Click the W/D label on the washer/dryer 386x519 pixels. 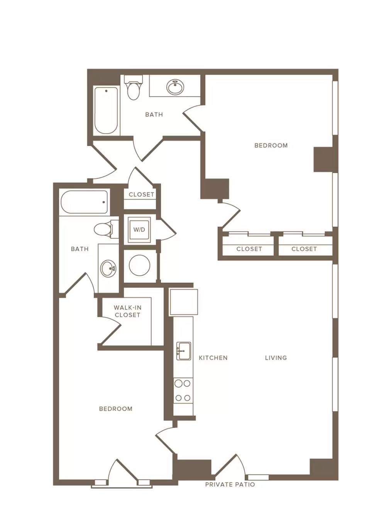139,229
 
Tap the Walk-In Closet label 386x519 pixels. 127,311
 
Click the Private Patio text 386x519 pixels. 230,484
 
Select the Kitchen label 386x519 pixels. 213,358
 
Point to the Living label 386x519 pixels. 276,358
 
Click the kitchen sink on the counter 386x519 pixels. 184,351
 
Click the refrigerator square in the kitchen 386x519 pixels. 184,302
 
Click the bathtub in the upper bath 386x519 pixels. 106,110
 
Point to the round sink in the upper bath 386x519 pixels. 175,87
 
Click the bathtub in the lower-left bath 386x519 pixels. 84,202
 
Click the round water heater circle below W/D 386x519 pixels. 139,265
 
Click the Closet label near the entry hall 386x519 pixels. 142,195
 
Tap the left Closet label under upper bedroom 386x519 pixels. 249,249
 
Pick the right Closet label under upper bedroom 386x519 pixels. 304,249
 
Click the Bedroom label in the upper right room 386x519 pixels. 271,145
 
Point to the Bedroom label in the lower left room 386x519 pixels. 116,409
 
